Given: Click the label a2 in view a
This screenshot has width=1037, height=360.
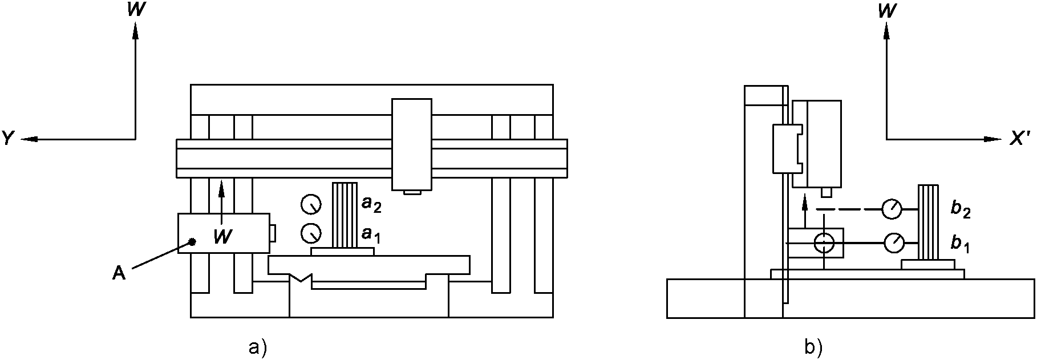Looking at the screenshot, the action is (371, 204).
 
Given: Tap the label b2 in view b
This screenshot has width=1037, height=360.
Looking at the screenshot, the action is (961, 209).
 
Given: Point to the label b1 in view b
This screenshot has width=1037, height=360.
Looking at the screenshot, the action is (961, 244).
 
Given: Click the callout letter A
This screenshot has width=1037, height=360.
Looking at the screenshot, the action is (119, 274).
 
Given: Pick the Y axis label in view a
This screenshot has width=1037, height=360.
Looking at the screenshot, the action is (8, 138).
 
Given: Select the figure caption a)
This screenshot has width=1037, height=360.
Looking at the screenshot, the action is (258, 346).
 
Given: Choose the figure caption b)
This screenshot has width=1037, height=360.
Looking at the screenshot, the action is (813, 346).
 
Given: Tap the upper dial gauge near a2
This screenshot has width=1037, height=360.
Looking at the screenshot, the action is (311, 204).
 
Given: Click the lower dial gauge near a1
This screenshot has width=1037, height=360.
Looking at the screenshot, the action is (311, 232).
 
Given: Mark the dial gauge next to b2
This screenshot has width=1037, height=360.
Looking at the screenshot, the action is (892, 209).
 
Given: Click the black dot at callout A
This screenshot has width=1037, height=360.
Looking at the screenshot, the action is (193, 242).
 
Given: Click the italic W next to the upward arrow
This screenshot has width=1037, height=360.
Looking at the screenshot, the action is (222, 237).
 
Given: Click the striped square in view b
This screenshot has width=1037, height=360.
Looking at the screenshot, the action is (928, 222).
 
